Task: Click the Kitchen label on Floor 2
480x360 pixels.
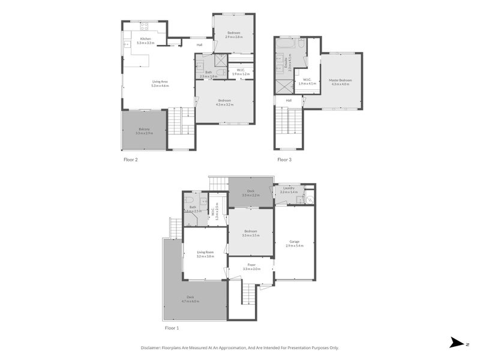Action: (145, 39)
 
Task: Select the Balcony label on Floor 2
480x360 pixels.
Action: (144, 128)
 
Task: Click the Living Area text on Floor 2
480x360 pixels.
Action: (160, 82)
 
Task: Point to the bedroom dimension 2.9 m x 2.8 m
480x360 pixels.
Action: (233, 37)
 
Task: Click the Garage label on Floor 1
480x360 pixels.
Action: (295, 241)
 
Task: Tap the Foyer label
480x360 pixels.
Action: (251, 265)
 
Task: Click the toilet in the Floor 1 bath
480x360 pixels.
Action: (189, 201)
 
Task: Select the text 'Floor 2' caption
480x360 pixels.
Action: (131, 160)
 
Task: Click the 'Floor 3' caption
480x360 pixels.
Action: (284, 160)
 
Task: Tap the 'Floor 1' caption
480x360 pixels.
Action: (172, 328)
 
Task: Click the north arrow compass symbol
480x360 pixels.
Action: (457, 343)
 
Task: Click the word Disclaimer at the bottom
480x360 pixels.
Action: (154, 347)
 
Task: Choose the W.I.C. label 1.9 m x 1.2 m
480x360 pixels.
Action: (240, 71)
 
